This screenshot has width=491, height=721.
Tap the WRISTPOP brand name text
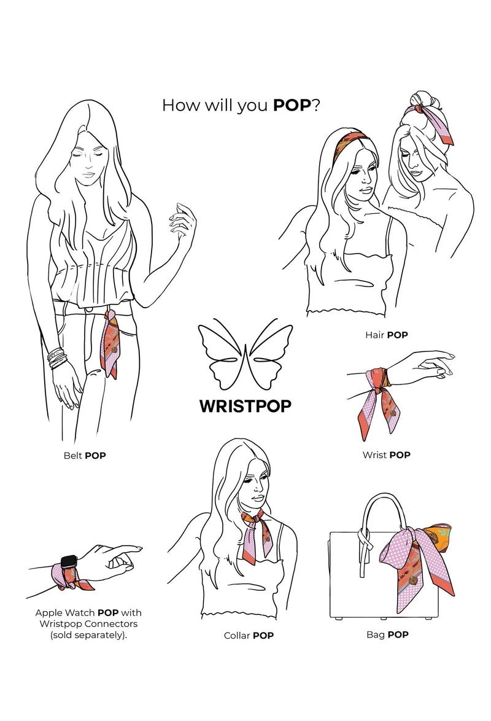(245, 406)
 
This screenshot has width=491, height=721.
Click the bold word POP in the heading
(292, 105)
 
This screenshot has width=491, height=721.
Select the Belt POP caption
(85, 456)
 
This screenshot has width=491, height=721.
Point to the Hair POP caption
(386, 335)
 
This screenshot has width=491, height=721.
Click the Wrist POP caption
(386, 454)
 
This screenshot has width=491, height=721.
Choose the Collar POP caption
(249, 636)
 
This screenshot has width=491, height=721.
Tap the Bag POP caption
(387, 634)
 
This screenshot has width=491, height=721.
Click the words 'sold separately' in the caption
(88, 636)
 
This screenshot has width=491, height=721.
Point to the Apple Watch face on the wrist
(69, 561)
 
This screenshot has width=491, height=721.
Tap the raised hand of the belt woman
(183, 221)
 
